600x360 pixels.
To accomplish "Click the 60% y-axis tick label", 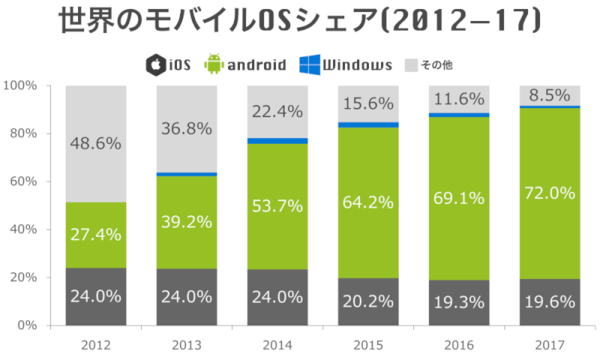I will [x=24, y=182].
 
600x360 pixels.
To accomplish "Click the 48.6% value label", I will [x=97, y=143].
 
